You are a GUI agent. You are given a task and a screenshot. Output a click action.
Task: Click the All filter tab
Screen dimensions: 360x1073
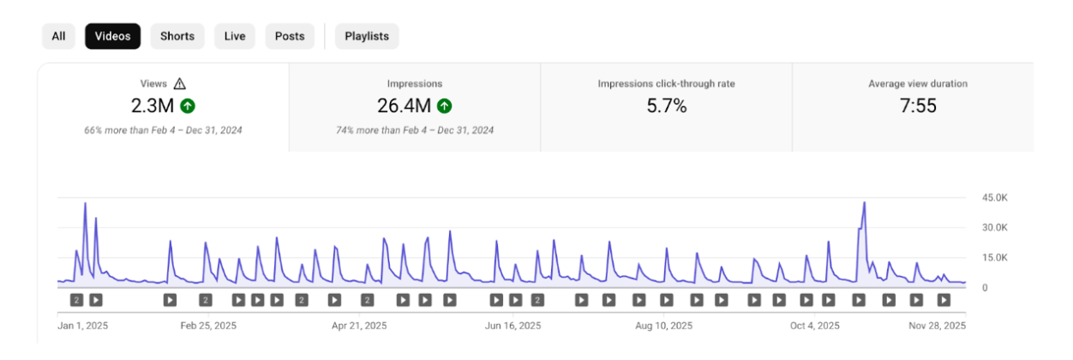[58, 36]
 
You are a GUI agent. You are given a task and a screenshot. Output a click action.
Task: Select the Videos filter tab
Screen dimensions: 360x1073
[112, 36]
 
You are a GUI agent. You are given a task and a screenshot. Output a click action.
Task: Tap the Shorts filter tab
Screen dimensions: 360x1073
[177, 36]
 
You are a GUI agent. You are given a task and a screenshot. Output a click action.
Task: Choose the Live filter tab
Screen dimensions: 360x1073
[235, 36]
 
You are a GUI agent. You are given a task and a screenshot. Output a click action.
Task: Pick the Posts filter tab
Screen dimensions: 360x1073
[290, 36]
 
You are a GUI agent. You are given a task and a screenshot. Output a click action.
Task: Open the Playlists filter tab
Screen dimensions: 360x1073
[367, 36]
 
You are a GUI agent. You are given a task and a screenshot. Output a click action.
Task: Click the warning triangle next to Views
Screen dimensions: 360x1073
[179, 84]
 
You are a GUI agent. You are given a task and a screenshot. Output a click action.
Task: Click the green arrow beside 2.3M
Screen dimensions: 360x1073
[188, 106]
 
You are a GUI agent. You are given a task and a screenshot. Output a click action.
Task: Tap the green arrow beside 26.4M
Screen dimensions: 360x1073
[444, 106]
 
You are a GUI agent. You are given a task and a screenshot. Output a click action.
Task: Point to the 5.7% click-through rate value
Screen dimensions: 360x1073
[666, 106]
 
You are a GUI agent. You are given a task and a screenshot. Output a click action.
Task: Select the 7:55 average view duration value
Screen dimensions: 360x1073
[918, 106]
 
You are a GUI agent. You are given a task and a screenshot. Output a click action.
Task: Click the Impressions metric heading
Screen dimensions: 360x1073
[415, 84]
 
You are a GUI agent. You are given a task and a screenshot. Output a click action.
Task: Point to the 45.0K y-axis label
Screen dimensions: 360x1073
[995, 198]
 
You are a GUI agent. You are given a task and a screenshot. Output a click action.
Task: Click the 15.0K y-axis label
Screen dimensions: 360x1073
[995, 258]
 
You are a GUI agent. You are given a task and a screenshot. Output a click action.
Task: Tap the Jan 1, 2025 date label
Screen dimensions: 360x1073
[83, 326]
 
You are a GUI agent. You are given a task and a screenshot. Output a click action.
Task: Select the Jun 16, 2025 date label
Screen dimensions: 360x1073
[513, 326]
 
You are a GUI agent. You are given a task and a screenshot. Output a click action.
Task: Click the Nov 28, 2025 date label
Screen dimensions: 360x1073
[937, 326]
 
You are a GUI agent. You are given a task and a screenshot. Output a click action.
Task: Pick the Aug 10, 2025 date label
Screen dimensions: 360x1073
[663, 326]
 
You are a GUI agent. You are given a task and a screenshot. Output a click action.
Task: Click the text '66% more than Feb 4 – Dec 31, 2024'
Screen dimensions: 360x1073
[163, 130]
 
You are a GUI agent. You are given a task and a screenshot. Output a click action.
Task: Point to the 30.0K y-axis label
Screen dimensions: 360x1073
[995, 228]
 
